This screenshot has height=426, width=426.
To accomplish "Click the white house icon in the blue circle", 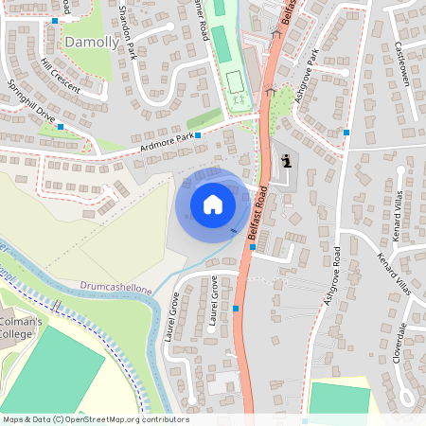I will (x=213, y=204).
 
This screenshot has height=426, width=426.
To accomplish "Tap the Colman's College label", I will (x=21, y=328).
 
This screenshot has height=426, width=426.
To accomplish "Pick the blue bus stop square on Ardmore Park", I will (x=198, y=136).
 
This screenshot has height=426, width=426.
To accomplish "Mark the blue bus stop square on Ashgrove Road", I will (x=347, y=133).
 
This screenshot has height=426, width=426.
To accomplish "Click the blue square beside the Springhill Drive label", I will (x=61, y=126).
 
